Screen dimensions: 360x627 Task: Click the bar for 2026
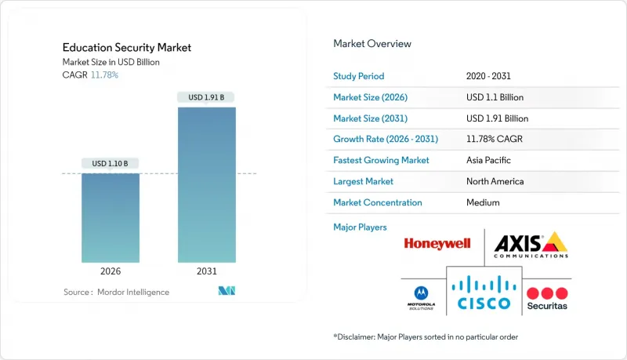111,217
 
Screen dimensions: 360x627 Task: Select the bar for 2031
206,184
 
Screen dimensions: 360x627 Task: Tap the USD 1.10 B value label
111,164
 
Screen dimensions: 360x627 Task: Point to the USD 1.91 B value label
206,97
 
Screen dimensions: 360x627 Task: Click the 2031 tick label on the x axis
206,271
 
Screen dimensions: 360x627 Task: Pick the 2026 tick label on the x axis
111,271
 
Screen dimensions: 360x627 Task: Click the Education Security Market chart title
126,48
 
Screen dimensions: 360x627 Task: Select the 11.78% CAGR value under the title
104,75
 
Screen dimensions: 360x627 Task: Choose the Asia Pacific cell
487,160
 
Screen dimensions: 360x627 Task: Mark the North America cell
495,181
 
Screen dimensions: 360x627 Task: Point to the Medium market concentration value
482,202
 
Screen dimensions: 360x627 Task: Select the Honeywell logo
437,243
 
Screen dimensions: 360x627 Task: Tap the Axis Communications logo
531,245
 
